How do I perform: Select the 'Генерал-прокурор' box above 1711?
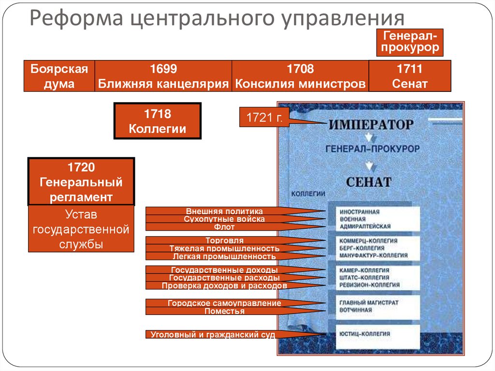pos(411,42)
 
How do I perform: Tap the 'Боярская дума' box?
pos(59,76)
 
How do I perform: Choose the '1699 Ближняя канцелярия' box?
pos(163,76)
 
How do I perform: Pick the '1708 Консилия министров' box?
pos(300,76)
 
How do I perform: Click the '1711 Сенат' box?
pos(409,76)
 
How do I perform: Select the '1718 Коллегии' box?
pos(157,121)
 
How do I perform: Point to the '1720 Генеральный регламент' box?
pos(81,182)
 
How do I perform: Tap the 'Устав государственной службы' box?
pos(81,229)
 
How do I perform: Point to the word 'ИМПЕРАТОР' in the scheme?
pos(371,124)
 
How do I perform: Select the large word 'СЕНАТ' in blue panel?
pos(368,182)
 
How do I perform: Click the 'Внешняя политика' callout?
pos(224,211)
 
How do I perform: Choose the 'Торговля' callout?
pos(224,240)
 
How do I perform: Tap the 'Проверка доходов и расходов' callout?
pos(224,285)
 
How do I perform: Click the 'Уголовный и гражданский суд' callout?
pos(213,334)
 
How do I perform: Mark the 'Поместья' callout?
pos(224,312)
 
